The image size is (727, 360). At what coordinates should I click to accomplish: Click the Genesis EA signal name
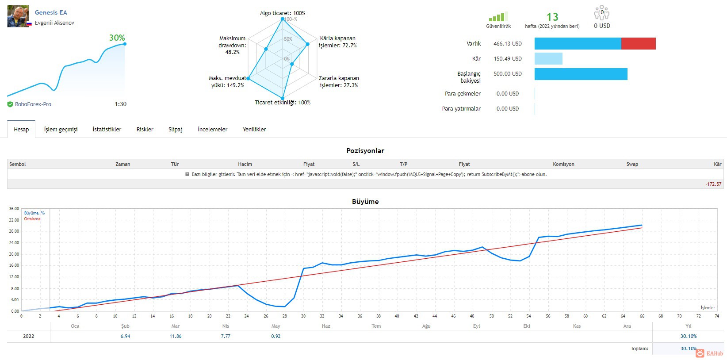tap(50, 12)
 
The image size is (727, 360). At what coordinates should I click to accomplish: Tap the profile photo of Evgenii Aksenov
tap(18, 16)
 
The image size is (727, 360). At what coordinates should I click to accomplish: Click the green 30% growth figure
tap(117, 38)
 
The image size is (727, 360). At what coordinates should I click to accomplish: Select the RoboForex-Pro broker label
tap(33, 104)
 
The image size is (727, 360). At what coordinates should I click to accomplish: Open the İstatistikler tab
tap(107, 129)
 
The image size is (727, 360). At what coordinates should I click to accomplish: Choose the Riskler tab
tap(145, 129)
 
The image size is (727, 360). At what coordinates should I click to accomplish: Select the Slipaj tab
tap(175, 129)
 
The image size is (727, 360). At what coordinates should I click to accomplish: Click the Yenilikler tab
tap(254, 129)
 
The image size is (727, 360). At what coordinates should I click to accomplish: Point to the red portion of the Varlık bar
tap(639, 43)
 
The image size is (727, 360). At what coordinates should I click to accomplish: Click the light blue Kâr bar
tap(548, 59)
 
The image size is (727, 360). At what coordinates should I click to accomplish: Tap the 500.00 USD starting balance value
tap(508, 74)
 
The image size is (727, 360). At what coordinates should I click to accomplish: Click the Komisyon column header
tap(563, 164)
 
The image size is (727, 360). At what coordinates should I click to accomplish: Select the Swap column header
tap(632, 164)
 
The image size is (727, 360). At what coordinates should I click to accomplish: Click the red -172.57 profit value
tap(713, 184)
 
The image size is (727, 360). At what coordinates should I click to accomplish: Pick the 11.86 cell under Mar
tap(175, 336)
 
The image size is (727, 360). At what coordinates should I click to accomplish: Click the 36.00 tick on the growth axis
tap(14, 208)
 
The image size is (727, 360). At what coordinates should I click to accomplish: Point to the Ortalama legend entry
tap(32, 219)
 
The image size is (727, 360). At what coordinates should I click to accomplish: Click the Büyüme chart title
tap(365, 201)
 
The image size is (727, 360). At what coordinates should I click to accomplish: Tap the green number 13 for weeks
tap(552, 17)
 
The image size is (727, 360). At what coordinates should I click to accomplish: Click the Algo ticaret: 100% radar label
tap(283, 13)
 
